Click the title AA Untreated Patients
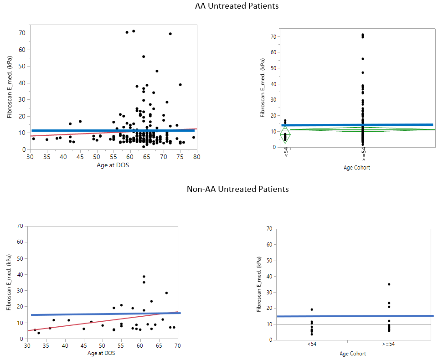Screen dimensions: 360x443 (237, 6)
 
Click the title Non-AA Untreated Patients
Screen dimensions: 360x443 (237, 189)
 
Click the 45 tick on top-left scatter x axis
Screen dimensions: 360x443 (80, 157)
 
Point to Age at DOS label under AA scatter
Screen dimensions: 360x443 (113, 165)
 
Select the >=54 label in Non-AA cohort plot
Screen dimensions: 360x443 (389, 344)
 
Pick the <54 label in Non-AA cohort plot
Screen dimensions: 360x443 (312, 344)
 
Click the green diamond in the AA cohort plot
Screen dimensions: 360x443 (285, 135)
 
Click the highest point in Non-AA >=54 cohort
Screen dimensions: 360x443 (389, 284)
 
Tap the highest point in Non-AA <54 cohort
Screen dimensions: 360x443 (312, 309)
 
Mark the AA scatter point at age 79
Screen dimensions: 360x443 (193, 137)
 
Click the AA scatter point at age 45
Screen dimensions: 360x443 (80, 121)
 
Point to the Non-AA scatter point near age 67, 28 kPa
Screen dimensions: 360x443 (166, 293)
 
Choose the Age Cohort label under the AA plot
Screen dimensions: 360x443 (357, 168)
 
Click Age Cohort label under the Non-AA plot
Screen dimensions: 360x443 (352, 354)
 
